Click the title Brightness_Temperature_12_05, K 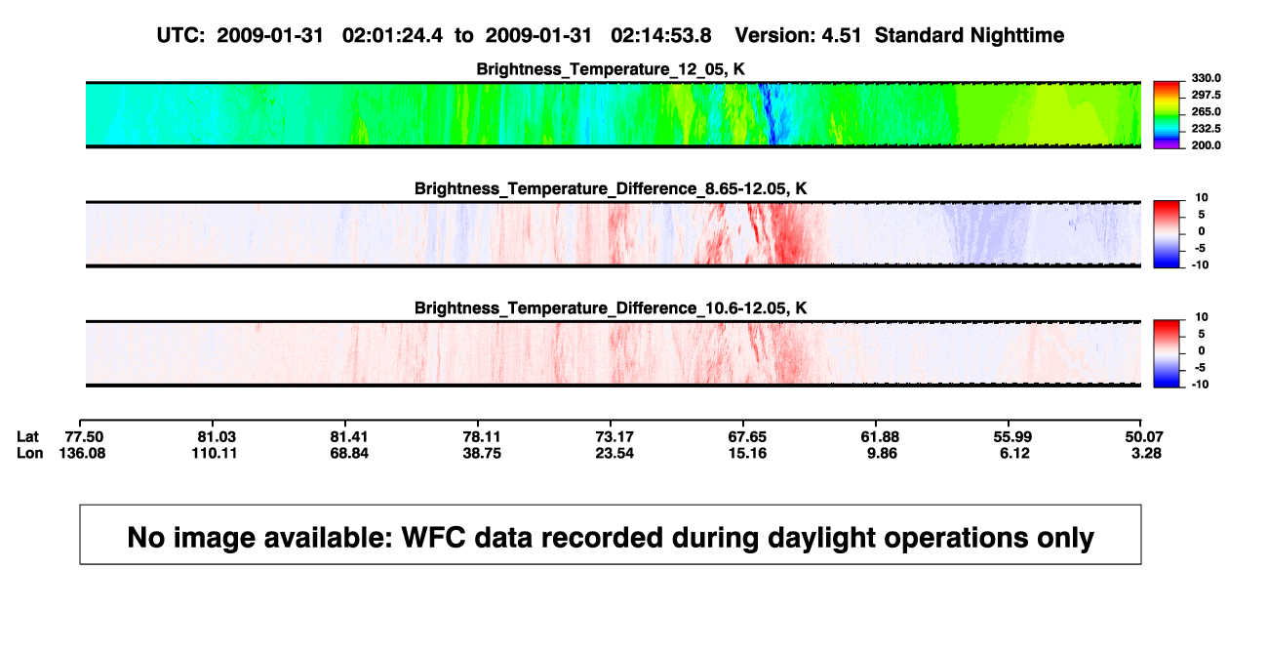pos(611,69)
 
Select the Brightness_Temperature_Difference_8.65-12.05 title pos(611,188)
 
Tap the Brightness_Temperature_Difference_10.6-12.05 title pos(611,308)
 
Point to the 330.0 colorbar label pos(1206,78)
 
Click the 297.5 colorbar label pos(1206,95)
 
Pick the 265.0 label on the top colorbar pos(1206,111)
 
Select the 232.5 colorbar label pos(1206,129)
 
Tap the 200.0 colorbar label pos(1206,145)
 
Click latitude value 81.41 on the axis pos(349,437)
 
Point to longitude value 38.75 pos(482,453)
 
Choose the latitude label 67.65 pos(747,437)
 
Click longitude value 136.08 pos(82,453)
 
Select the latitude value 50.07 pos(1144,437)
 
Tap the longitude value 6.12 pos(1014,453)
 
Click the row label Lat pos(27,437)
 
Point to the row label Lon pos(30,453)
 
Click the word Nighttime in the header pos(1016,35)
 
